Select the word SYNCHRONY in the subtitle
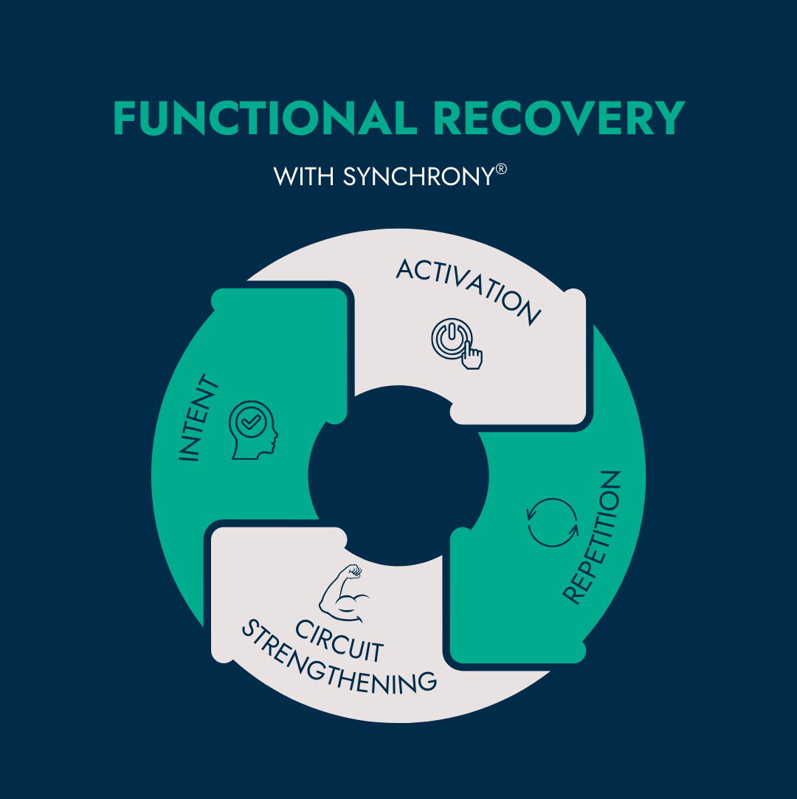point(417,177)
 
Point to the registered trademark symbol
point(501,170)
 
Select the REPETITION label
point(593,537)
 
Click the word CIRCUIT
point(339,640)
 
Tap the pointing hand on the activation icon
point(472,356)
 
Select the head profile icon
point(253,430)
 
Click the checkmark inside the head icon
point(250,423)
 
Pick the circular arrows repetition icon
point(553,522)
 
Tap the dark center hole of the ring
point(398,476)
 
